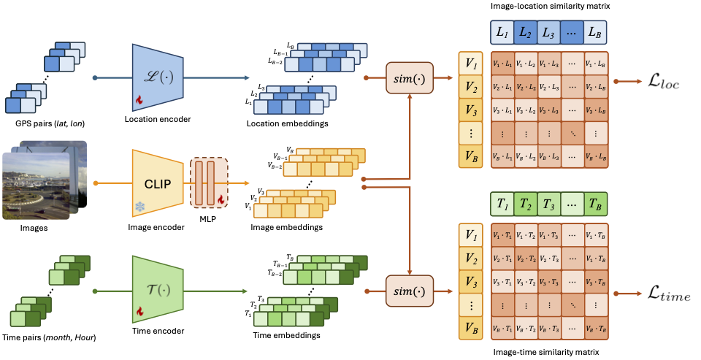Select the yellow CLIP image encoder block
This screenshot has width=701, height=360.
coord(158,178)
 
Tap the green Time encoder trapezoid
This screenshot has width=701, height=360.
coord(158,286)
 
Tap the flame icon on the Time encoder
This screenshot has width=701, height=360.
coord(137,312)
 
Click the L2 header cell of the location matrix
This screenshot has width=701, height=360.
coord(524,33)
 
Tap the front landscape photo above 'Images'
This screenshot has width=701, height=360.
coord(37,185)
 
